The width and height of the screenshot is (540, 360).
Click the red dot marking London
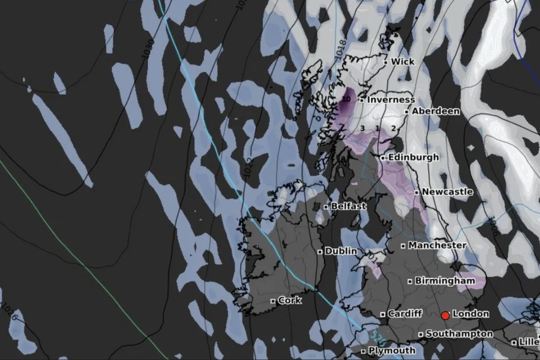point(445,315)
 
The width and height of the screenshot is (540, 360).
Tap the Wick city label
point(402,62)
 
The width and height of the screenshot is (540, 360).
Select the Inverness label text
point(391,100)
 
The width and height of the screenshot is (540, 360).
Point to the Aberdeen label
point(435,111)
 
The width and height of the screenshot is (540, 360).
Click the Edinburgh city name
point(413,158)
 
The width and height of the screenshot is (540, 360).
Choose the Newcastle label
point(447,192)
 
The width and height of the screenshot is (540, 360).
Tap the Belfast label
point(348,206)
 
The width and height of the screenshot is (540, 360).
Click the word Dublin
point(341,251)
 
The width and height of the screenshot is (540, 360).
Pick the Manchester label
point(437,245)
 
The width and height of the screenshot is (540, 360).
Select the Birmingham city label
point(444,281)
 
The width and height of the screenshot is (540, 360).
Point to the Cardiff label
point(404,314)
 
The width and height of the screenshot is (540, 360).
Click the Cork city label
point(289,300)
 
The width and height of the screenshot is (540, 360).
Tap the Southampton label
point(459,334)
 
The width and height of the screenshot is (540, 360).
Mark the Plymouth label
point(392,351)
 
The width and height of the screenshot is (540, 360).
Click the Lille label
point(528,342)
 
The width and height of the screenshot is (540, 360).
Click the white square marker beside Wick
point(386,62)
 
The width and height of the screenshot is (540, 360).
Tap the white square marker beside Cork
point(273,301)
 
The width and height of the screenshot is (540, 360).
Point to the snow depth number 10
point(346,99)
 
